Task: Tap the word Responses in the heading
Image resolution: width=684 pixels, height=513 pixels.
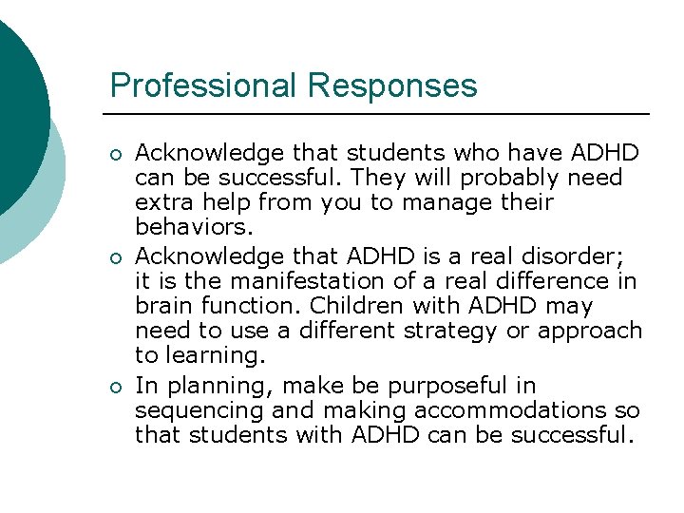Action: (x=391, y=85)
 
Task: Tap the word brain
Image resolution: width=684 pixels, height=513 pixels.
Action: (x=163, y=306)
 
